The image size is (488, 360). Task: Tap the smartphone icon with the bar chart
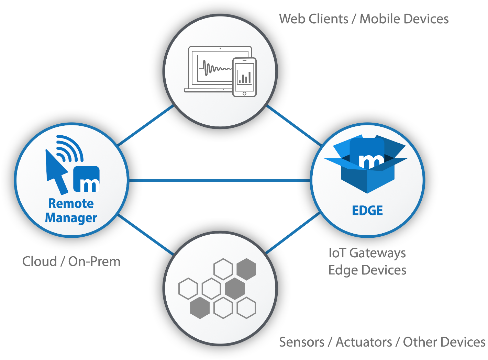point(244,77)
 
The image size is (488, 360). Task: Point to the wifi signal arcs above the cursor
point(70,148)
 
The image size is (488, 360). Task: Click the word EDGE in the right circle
point(367,211)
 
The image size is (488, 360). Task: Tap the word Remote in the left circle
point(71,203)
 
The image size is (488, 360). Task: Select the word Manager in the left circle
point(71,218)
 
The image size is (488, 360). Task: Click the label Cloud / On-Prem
point(71,261)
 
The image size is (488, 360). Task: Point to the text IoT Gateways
point(367,253)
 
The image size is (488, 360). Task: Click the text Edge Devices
point(367,270)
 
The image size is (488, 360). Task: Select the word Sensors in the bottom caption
point(301,342)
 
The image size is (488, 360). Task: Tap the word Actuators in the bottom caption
point(364,342)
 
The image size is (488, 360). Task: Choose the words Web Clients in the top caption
point(313,19)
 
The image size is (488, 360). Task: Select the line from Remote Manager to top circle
point(146,125)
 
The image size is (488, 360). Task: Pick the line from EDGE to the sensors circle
point(293,234)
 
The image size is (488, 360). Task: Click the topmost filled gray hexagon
point(246,269)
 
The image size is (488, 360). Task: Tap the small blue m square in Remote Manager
point(87,180)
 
